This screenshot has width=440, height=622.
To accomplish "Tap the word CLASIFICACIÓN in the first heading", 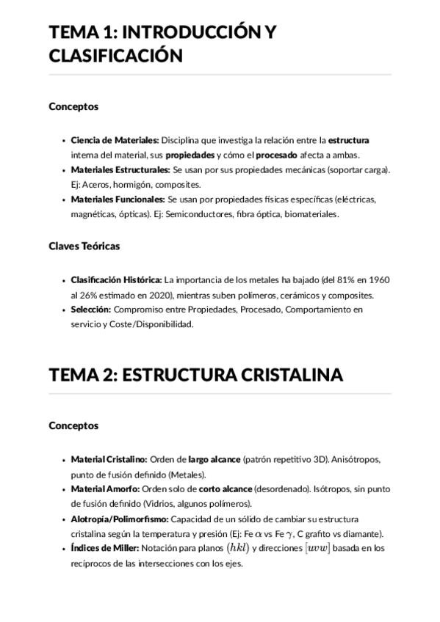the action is pyautogui.click(x=115, y=56).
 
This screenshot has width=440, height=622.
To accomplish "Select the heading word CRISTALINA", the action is pyautogui.click(x=292, y=375).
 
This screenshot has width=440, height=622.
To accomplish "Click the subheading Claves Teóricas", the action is pyautogui.click(x=84, y=246).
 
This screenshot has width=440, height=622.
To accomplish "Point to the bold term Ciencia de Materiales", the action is pyautogui.click(x=115, y=139).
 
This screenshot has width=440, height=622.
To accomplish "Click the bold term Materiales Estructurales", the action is pyautogui.click(x=120, y=169).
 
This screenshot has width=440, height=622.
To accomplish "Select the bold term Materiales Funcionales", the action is pyautogui.click(x=118, y=199).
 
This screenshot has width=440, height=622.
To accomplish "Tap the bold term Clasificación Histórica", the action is pyautogui.click(x=116, y=279).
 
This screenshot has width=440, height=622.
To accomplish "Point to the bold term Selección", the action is pyautogui.click(x=90, y=310).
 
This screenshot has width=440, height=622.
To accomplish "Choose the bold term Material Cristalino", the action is pyautogui.click(x=109, y=459).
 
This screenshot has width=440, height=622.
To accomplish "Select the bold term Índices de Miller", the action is pyautogui.click(x=105, y=548).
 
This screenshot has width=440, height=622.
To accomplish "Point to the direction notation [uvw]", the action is pyautogui.click(x=317, y=548).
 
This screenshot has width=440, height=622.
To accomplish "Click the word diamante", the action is pyautogui.click(x=364, y=533).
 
